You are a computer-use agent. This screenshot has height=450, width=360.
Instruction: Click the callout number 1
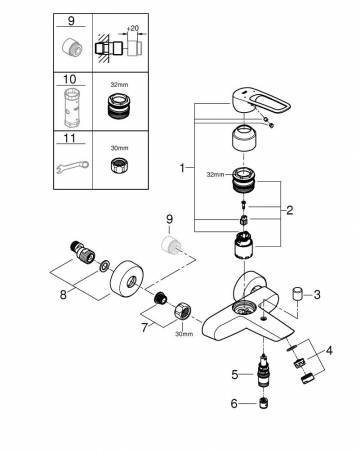tap(182, 167)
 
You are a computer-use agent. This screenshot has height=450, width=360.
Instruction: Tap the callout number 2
tap(290, 210)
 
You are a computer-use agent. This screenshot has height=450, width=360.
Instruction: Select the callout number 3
tap(317, 294)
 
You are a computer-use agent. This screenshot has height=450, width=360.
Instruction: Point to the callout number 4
tap(329, 351)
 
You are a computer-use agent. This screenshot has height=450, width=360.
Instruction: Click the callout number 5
tap(235, 375)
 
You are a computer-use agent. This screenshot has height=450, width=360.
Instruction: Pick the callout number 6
tap(234, 404)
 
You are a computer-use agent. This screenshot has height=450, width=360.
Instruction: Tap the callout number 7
tap(144, 328)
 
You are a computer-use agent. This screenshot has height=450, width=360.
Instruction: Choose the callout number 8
tap(63, 295)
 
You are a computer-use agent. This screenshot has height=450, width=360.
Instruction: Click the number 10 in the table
tap(70, 79)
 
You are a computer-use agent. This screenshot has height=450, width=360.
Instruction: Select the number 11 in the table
tap(70, 138)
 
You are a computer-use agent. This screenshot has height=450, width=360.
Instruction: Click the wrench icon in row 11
tap(72, 167)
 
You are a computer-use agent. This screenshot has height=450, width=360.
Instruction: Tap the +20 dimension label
tap(133, 28)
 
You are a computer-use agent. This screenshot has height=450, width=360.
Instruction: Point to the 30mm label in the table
tap(119, 148)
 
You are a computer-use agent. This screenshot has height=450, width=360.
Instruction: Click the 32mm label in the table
tap(119, 85)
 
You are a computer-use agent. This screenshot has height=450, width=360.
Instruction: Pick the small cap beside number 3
tap(297, 294)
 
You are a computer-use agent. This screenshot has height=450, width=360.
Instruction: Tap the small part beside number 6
tap(264, 403)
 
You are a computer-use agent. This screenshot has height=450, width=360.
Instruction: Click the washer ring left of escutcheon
tap(104, 266)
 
